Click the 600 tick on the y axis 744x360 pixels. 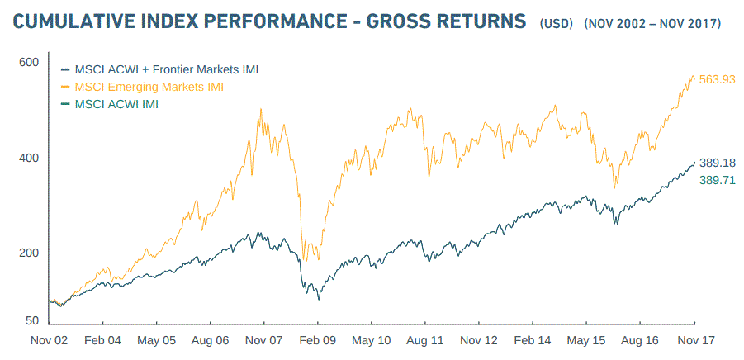30,63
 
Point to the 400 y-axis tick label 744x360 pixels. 30,158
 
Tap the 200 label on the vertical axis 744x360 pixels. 30,253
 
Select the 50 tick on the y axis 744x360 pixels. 33,320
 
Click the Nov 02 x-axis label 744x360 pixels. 49,341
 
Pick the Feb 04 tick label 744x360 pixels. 102,341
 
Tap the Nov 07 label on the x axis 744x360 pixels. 264,341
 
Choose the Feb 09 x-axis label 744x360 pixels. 318,341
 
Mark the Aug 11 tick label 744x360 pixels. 425,341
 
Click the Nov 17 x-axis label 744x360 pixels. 695,341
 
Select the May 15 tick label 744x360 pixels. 587,341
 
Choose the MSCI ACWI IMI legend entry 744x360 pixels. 116,104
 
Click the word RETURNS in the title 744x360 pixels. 470,21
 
